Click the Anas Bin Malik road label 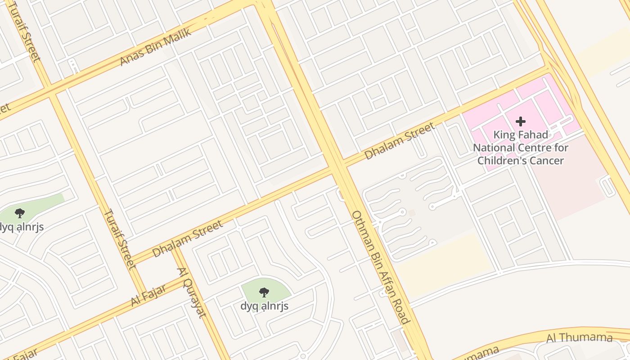[x=156, y=47]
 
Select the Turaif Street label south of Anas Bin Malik [x=120, y=238]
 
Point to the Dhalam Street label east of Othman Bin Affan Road [x=400, y=141]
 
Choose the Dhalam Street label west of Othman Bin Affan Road [x=187, y=238]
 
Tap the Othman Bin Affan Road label [x=381, y=267]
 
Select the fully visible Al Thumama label [x=580, y=337]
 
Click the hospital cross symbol [x=521, y=121]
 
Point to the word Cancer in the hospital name [x=547, y=161]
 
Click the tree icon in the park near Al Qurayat [x=264, y=292]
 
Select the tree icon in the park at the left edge [x=19, y=213]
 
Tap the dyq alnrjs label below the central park [x=264, y=306]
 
